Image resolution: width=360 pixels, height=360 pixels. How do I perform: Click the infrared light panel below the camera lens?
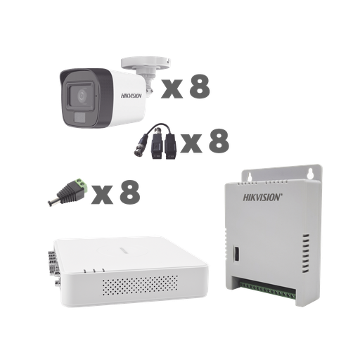tap(84, 112)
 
